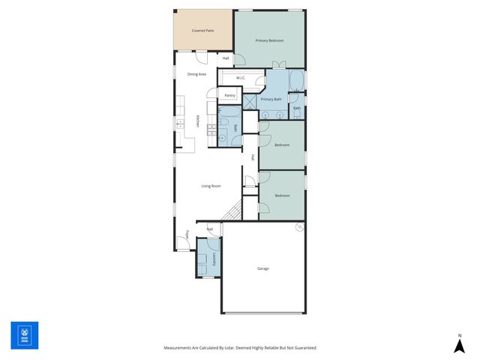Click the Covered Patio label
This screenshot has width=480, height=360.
tap(202, 31)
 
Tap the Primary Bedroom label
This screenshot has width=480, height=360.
tap(268, 40)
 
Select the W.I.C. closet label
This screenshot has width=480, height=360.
tap(241, 78)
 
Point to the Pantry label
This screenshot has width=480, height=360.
tap(229, 96)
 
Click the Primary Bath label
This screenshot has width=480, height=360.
tap(271, 99)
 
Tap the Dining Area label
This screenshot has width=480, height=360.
tap(196, 74)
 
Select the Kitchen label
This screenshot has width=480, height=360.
tap(197, 121)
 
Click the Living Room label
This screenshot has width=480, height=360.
tap(210, 186)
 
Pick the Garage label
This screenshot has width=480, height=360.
tap(262, 268)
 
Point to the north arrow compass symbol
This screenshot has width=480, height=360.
tap(459, 344)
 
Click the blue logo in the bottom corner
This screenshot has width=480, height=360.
tap(24, 335)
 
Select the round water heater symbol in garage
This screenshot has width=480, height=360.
tap(299, 227)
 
